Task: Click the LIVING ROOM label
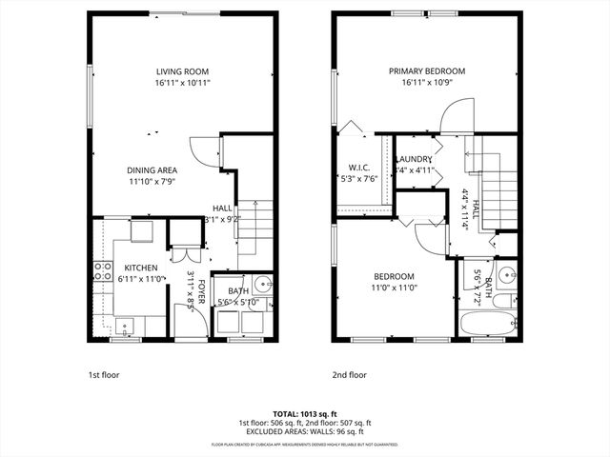point(183,71)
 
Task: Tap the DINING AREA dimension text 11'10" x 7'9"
point(152,182)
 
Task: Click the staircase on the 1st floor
point(250,228)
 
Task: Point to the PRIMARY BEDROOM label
point(426,71)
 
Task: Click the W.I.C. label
point(358,167)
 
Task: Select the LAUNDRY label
point(415,159)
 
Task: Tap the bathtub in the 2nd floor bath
point(488,324)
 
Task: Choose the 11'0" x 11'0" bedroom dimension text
point(394,287)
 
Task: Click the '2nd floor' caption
point(349,375)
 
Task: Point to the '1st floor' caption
point(104,375)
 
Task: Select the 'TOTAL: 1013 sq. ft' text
point(304,415)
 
